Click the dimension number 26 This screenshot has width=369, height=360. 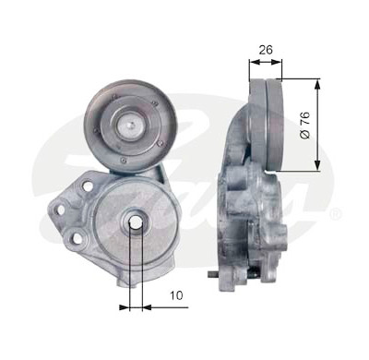pyautogui.click(x=266, y=50)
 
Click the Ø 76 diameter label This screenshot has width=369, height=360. pyautogui.click(x=305, y=126)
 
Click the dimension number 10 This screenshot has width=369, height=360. pyautogui.click(x=176, y=295)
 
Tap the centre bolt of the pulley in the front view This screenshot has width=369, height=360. pyautogui.click(x=131, y=126)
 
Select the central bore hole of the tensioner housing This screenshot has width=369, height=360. pyautogui.click(x=136, y=222)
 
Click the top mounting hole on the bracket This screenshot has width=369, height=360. pyautogui.click(x=88, y=186)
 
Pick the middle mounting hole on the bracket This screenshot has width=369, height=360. pyautogui.click(x=61, y=210)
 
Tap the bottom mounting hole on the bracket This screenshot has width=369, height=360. pyautogui.click(x=78, y=238)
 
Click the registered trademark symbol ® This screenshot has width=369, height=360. pyautogui.click(x=336, y=214)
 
